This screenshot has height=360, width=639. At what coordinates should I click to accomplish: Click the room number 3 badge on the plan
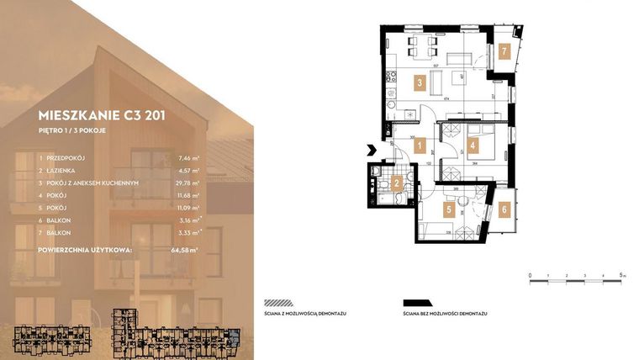click(418, 82)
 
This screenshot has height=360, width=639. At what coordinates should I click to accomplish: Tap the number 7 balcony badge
click(504, 51)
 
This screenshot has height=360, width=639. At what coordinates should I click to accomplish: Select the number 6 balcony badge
click(504, 209)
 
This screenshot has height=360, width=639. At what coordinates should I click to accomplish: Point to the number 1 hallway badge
click(419, 146)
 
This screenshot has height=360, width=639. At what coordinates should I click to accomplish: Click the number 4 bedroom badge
click(473, 146)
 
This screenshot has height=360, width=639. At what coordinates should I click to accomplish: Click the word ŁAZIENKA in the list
click(62, 170)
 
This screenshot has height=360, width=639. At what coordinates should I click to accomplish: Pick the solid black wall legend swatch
click(417, 303)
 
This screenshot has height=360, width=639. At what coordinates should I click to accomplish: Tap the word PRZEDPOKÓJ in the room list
click(68, 157)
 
